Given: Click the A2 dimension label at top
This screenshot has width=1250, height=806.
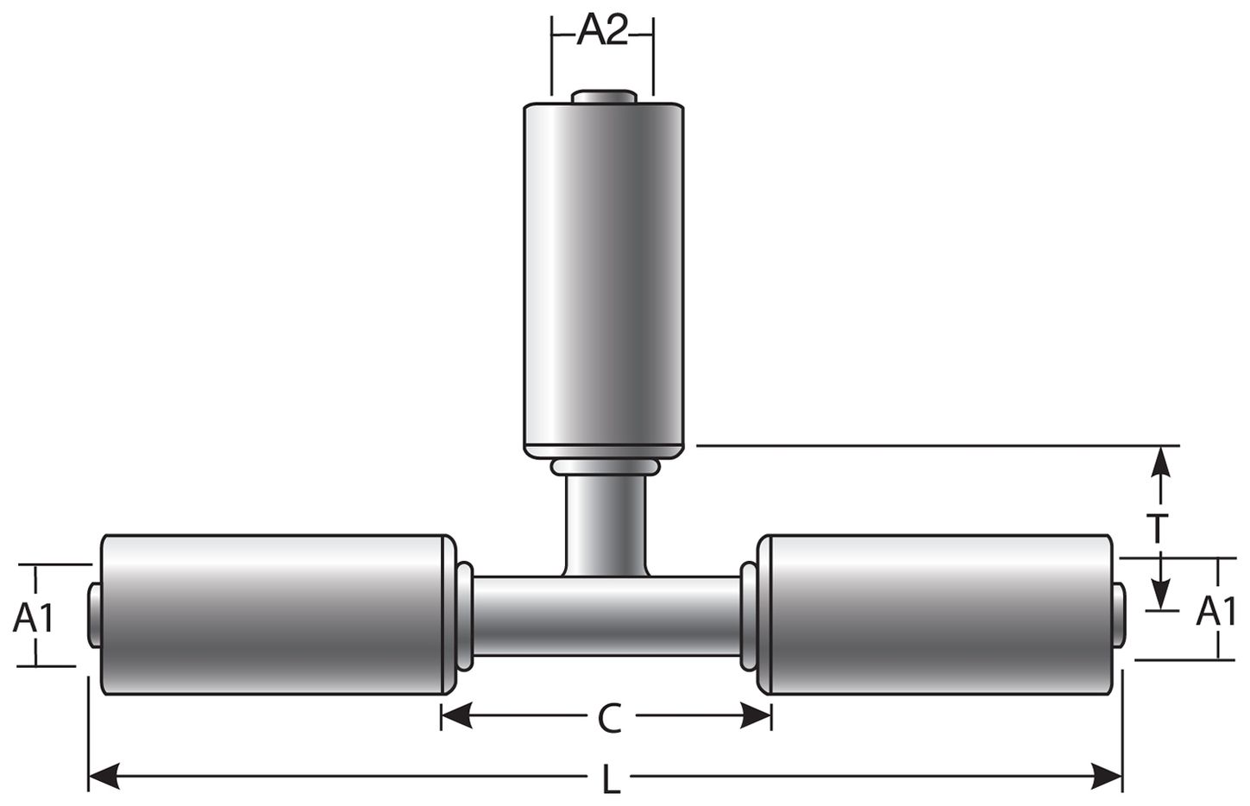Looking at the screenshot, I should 601,32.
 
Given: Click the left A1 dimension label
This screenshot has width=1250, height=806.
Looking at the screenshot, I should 35,618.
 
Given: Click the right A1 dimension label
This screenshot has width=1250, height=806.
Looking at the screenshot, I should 1217,612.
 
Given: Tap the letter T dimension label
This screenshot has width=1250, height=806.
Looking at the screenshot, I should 1161,527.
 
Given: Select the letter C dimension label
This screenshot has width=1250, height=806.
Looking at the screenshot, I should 609,718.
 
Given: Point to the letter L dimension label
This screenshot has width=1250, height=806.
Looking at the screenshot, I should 611,782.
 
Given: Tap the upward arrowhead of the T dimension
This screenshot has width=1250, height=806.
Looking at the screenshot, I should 1161,461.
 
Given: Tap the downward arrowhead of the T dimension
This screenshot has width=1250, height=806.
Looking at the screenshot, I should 1161,595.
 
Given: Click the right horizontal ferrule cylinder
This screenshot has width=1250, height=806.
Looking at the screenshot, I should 933,614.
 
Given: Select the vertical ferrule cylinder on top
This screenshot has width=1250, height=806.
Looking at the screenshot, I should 604,276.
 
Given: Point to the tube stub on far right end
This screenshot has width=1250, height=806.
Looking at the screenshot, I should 1118,614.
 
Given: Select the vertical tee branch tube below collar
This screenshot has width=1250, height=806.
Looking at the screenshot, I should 606,522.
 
